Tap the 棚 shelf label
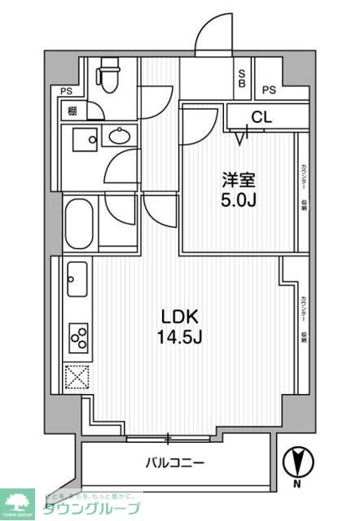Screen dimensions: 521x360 pos(72,112)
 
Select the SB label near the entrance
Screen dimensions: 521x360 pos(243,79)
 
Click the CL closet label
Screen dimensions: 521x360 pos(260,117)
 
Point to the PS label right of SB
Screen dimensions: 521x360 pos(269,90)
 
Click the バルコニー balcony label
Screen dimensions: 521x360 pos(175,463)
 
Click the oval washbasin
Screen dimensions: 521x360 pos(119,137)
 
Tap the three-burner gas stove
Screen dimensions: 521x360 pos(78,335)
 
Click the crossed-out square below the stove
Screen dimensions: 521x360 pos(77,376)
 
